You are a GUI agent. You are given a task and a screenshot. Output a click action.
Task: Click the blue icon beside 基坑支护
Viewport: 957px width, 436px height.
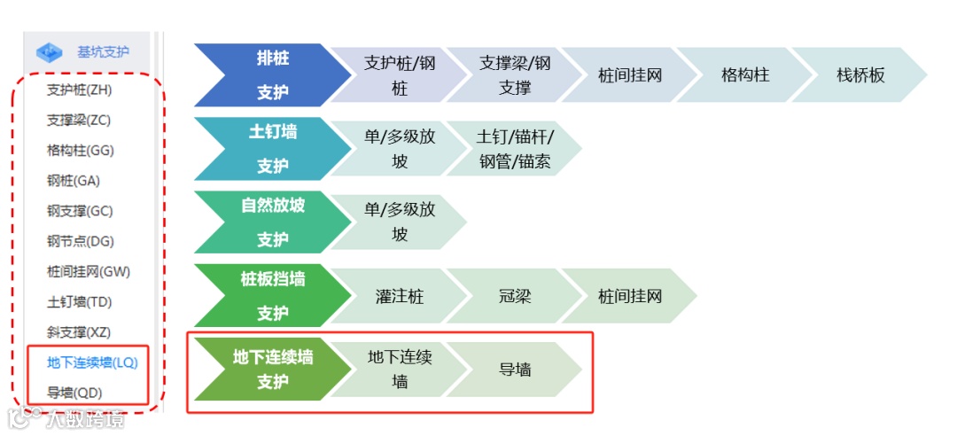pyautogui.click(x=51, y=52)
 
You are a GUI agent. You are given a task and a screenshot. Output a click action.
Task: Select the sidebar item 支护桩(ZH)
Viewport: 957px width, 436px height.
pyautogui.click(x=79, y=90)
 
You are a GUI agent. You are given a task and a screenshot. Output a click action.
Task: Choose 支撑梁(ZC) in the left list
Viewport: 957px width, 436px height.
pyautogui.click(x=79, y=120)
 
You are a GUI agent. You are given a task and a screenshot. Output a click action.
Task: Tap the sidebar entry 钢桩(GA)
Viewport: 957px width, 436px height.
pyautogui.click(x=74, y=181)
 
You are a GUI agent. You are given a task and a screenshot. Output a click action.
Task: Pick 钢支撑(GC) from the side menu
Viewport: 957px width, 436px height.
pyautogui.click(x=79, y=211)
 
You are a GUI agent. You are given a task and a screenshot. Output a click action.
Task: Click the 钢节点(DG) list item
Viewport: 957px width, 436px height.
pyautogui.click(x=80, y=241)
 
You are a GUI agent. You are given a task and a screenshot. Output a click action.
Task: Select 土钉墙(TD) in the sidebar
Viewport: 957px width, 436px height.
pyautogui.click(x=79, y=302)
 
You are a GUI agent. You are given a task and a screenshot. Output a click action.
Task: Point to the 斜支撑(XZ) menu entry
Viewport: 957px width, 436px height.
pyautogui.click(x=79, y=332)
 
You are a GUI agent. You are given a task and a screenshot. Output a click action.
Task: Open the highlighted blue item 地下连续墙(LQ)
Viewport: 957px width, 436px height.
pyautogui.click(x=92, y=362)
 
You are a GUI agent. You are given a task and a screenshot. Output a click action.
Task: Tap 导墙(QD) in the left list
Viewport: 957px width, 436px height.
pyautogui.click(x=74, y=393)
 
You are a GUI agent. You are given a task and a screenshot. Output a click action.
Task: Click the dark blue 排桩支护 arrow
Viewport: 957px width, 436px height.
pyautogui.click(x=267, y=75)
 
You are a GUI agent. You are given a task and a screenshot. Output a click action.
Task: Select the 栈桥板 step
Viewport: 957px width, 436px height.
pyautogui.click(x=860, y=75)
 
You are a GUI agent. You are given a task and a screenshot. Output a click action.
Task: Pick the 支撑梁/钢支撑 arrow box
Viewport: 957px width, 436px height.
pyautogui.click(x=514, y=75)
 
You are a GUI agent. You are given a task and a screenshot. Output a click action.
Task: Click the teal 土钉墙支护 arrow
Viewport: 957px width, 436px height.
pyautogui.click(x=267, y=149)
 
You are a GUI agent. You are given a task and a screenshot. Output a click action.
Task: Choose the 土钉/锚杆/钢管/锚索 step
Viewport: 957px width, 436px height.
pyautogui.click(x=514, y=149)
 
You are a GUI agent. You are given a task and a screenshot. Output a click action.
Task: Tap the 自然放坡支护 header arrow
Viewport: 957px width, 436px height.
pyautogui.click(x=267, y=222)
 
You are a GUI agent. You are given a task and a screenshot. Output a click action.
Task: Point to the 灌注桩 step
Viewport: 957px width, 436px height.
pyautogui.click(x=399, y=296)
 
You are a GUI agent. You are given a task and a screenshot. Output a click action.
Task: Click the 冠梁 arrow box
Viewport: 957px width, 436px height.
pyautogui.click(x=514, y=296)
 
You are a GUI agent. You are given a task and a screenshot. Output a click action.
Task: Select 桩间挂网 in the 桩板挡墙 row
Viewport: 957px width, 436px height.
pyautogui.click(x=629, y=296)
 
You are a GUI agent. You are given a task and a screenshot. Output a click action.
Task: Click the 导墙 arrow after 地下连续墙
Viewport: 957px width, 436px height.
pyautogui.click(x=514, y=370)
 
